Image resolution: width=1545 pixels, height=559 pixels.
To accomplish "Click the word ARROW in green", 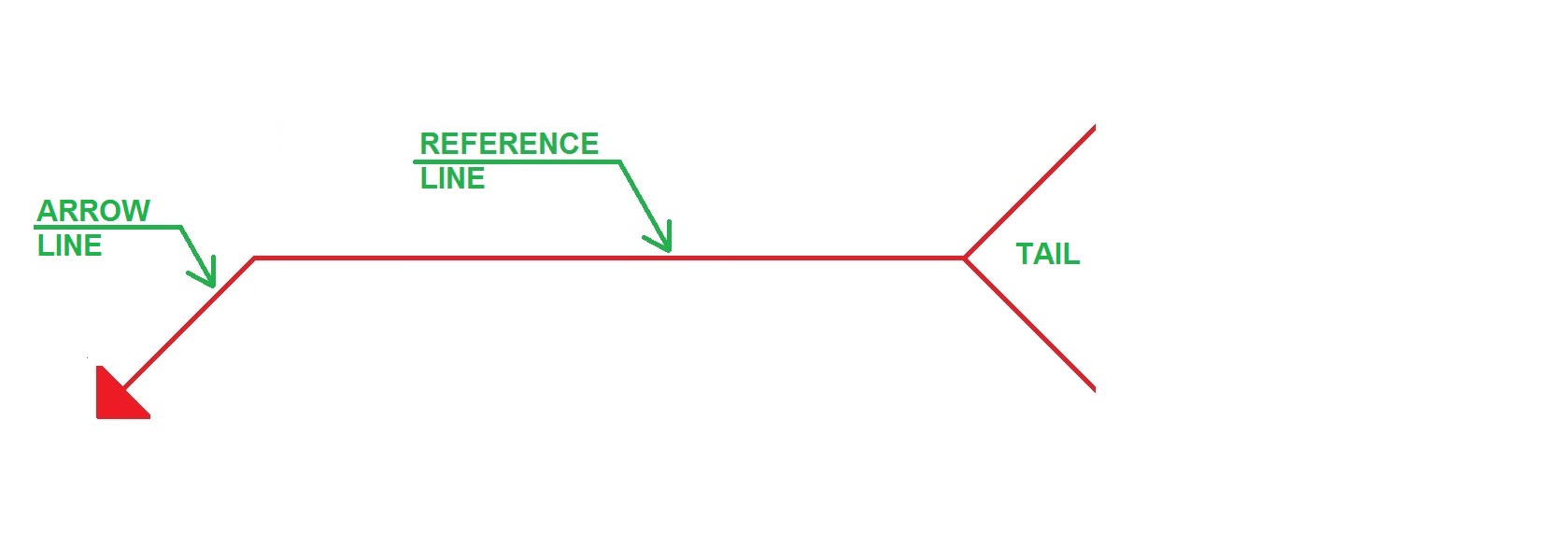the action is tap(93, 211).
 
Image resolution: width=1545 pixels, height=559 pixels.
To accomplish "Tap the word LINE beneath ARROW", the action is tap(70, 245).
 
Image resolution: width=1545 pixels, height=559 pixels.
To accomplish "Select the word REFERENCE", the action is tap(509, 144).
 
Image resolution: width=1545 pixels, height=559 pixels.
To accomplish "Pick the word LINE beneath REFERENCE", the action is tap(453, 178).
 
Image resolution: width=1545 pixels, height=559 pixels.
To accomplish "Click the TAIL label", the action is tap(1047, 254).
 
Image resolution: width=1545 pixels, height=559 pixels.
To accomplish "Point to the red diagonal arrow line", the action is tap(187, 324).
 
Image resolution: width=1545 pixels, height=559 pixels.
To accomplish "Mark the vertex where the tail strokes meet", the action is tap(965, 259).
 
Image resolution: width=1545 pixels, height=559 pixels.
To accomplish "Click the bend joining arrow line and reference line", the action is tap(254, 259).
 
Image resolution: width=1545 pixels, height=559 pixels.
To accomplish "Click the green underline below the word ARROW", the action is tap(107, 227).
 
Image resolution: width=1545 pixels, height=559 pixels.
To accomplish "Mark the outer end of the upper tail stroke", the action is tap(1093, 128).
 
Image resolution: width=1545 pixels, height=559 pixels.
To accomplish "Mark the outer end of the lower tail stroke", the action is tap(1093, 388).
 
